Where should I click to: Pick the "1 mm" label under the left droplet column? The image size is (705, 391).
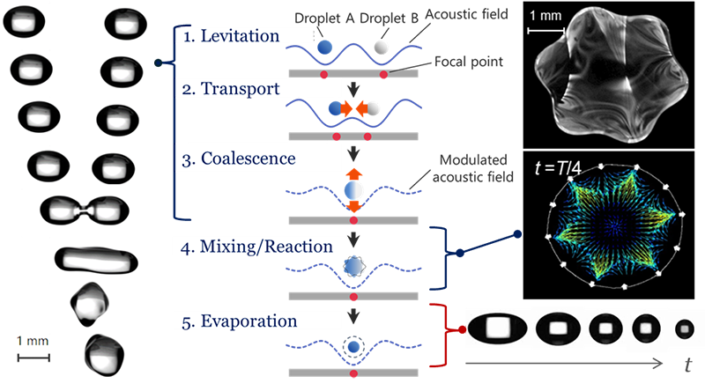[34, 341]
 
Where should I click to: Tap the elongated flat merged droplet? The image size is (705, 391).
[96, 258]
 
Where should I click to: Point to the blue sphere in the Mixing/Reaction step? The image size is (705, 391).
[352, 265]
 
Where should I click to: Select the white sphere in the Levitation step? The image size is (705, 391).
[379, 48]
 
